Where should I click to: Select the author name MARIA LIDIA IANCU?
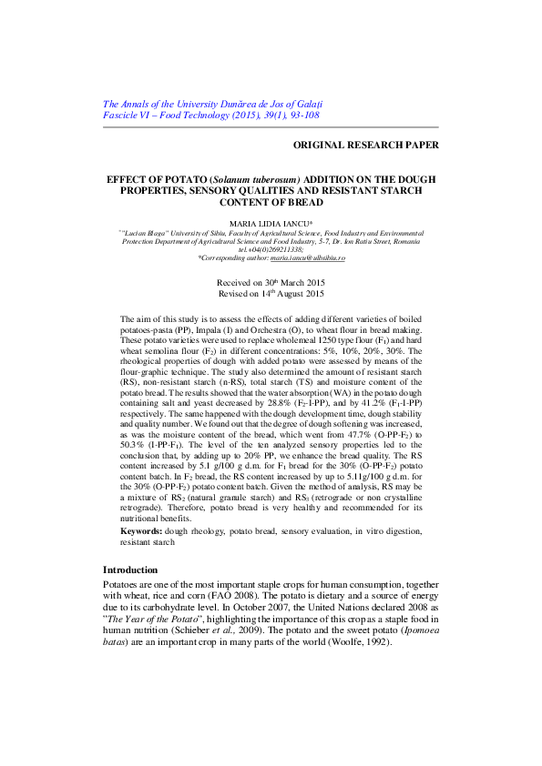[x=270, y=223]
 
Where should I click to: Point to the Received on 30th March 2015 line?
[x=271, y=284]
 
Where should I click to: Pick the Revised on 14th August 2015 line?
[x=271, y=295]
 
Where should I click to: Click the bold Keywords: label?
[x=142, y=529]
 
